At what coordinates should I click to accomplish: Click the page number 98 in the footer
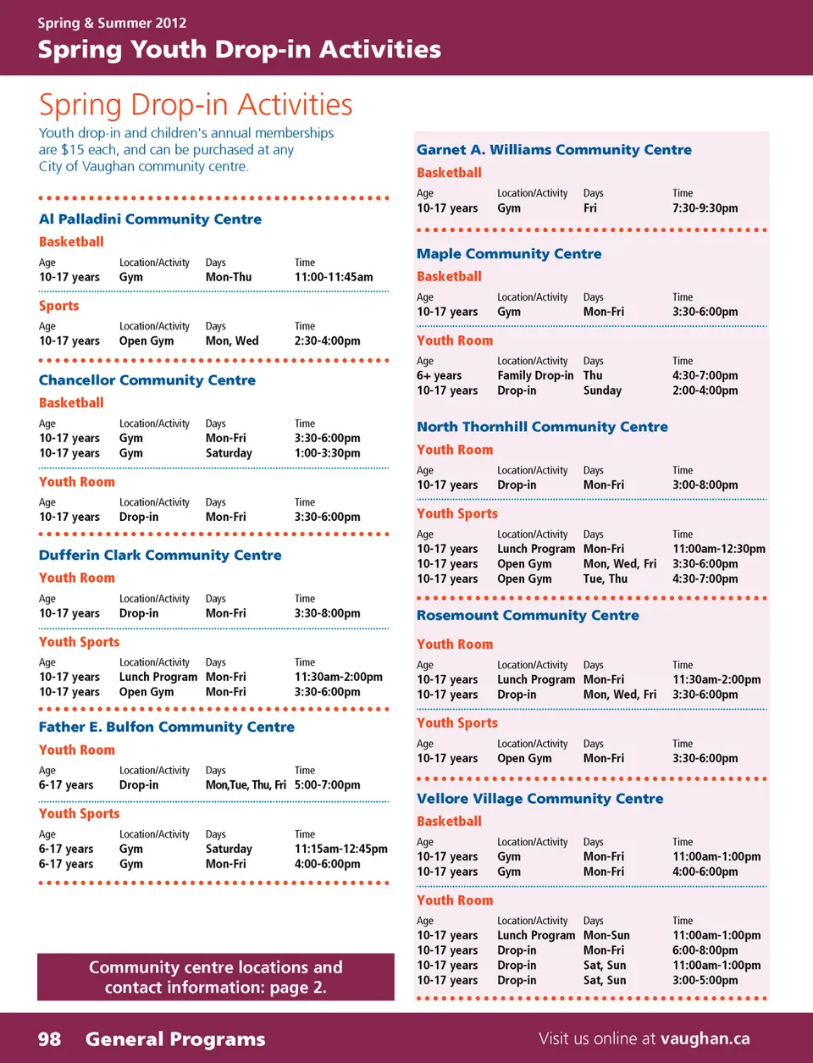[x=49, y=1038]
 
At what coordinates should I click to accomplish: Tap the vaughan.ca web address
[x=705, y=1038]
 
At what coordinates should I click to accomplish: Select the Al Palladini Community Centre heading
[x=150, y=219]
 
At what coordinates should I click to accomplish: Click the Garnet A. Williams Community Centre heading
[x=554, y=150]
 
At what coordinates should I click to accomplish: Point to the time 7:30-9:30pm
[x=705, y=208]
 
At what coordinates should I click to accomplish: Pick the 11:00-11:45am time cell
[x=334, y=277]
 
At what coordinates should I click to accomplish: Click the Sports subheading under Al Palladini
[x=58, y=306]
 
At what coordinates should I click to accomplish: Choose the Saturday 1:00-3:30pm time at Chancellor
[x=327, y=453]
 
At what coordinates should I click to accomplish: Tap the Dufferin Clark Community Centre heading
[x=160, y=556]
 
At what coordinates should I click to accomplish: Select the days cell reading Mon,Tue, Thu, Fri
[x=246, y=785]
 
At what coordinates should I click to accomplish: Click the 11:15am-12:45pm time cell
[x=340, y=849]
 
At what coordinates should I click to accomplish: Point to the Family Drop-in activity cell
[x=535, y=375]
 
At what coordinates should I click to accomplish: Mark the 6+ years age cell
[x=439, y=375]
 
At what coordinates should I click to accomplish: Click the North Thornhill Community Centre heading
[x=542, y=427]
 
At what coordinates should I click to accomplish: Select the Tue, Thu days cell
[x=606, y=579]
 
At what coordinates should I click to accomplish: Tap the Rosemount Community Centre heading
[x=528, y=616]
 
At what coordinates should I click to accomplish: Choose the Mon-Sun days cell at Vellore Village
[x=606, y=936]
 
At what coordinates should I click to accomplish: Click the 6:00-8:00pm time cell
[x=705, y=950]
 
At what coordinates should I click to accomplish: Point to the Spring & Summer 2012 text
[x=112, y=23]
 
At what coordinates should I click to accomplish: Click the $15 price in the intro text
[x=72, y=150]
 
